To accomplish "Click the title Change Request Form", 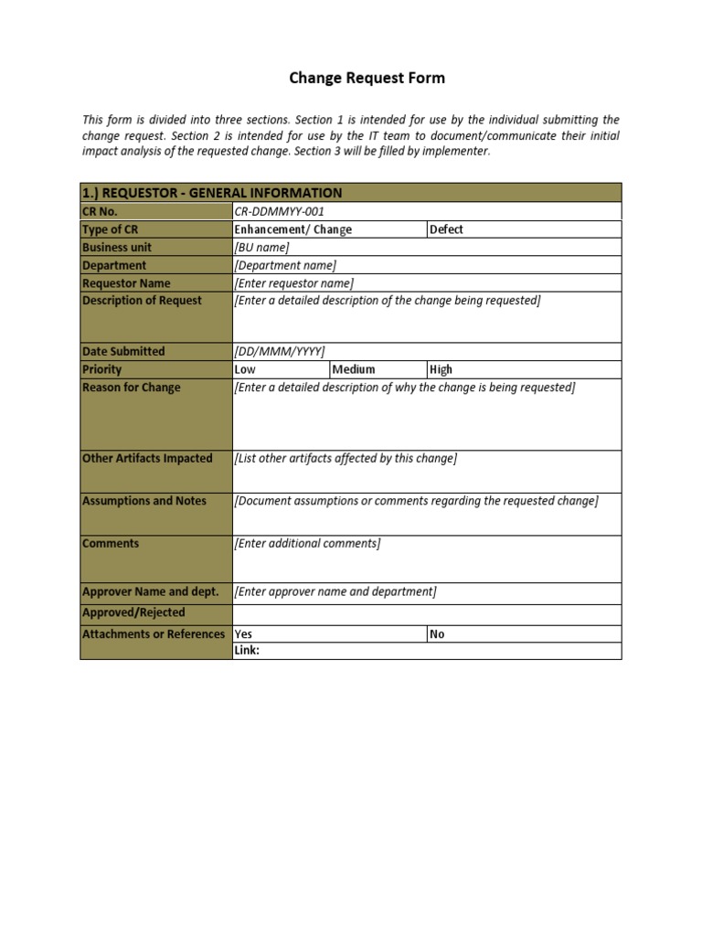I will [367, 78].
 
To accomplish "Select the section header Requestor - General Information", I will [212, 193].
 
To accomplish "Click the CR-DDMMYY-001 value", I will [280, 211].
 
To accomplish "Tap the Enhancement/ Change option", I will [293, 229].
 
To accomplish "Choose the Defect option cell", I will [446, 229].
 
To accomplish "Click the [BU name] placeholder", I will [262, 248].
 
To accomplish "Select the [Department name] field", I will [285, 266].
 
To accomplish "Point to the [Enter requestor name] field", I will [294, 283].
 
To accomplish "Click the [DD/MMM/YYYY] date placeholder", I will [280, 352].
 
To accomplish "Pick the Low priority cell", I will [245, 369].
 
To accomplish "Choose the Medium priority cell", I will [354, 369].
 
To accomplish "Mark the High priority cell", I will [441, 369].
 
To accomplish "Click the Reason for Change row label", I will [132, 388].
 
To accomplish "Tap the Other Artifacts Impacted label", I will [147, 459].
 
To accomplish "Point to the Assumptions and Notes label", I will [144, 501].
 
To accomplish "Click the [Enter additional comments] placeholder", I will [307, 544].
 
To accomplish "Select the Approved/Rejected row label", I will [133, 612].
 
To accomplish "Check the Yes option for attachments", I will [244, 634].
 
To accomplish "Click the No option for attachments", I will [437, 634].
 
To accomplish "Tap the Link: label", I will [247, 651].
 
